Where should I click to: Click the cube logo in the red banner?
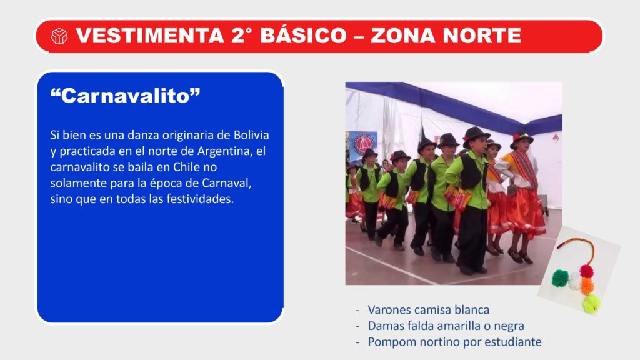tap(59, 36)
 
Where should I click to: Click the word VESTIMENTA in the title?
tap(150, 36)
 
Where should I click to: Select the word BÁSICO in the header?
tap(303, 35)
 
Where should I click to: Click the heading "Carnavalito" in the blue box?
tap(125, 96)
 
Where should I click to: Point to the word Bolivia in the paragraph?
tap(251, 135)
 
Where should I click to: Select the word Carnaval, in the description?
tap(226, 183)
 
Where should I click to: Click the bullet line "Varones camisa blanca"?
tap(428, 310)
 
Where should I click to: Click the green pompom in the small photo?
tap(560, 278)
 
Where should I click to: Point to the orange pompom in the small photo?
tap(587, 285)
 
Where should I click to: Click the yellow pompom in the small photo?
tap(591, 304)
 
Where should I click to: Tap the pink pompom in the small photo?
tap(586, 271)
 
